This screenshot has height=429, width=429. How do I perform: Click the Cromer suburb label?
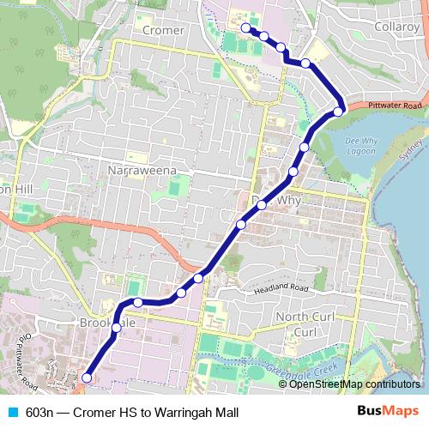(x=163, y=30)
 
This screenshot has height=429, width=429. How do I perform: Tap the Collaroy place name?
(x=396, y=27)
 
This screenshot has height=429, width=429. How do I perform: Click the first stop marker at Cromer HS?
(x=245, y=28)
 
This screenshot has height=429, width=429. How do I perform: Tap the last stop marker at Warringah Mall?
(x=87, y=378)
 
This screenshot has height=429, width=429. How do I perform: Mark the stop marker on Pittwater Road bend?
(x=339, y=111)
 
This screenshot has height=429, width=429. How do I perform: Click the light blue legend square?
(x=12, y=411)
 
